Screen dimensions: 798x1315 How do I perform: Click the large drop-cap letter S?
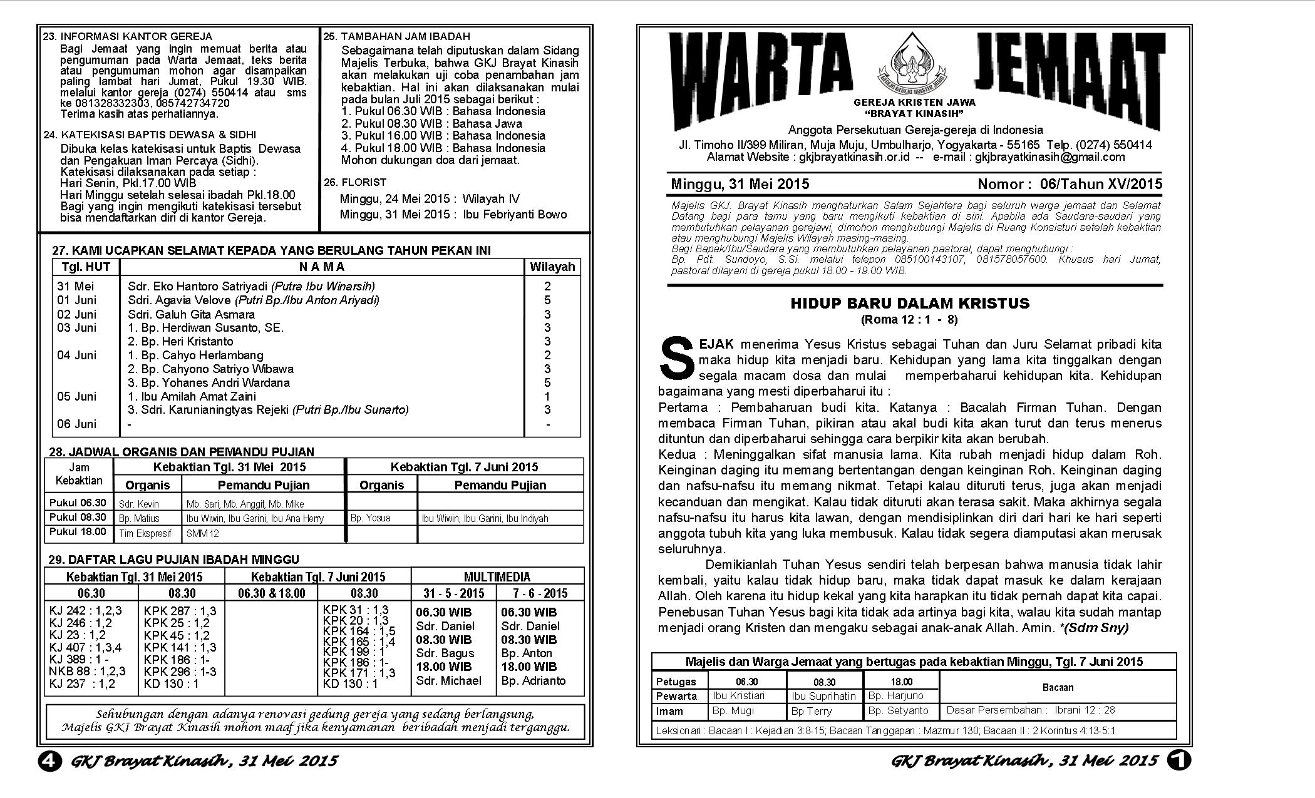(677, 359)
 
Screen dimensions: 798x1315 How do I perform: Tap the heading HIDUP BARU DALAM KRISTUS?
(910, 304)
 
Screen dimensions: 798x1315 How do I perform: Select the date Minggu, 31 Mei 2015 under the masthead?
(740, 184)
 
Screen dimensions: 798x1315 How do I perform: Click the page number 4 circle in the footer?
(50, 760)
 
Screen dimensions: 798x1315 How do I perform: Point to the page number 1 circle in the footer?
(1178, 760)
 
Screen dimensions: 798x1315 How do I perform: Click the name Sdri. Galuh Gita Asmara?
(191, 314)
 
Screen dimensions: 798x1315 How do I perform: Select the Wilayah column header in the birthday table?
(552, 267)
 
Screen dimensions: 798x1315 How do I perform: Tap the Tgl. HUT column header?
(86, 267)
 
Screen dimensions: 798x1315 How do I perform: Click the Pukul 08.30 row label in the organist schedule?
(78, 518)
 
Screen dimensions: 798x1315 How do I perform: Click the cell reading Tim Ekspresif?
(145, 533)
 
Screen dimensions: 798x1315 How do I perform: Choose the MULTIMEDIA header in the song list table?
(497, 577)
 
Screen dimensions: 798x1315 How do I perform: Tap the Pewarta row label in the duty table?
(676, 696)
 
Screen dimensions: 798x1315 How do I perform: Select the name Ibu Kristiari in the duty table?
(738, 695)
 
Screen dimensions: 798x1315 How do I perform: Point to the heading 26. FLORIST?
(355, 182)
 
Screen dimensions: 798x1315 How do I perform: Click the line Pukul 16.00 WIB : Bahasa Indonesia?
(443, 136)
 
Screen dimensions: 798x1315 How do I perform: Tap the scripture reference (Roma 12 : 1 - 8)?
(909, 320)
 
